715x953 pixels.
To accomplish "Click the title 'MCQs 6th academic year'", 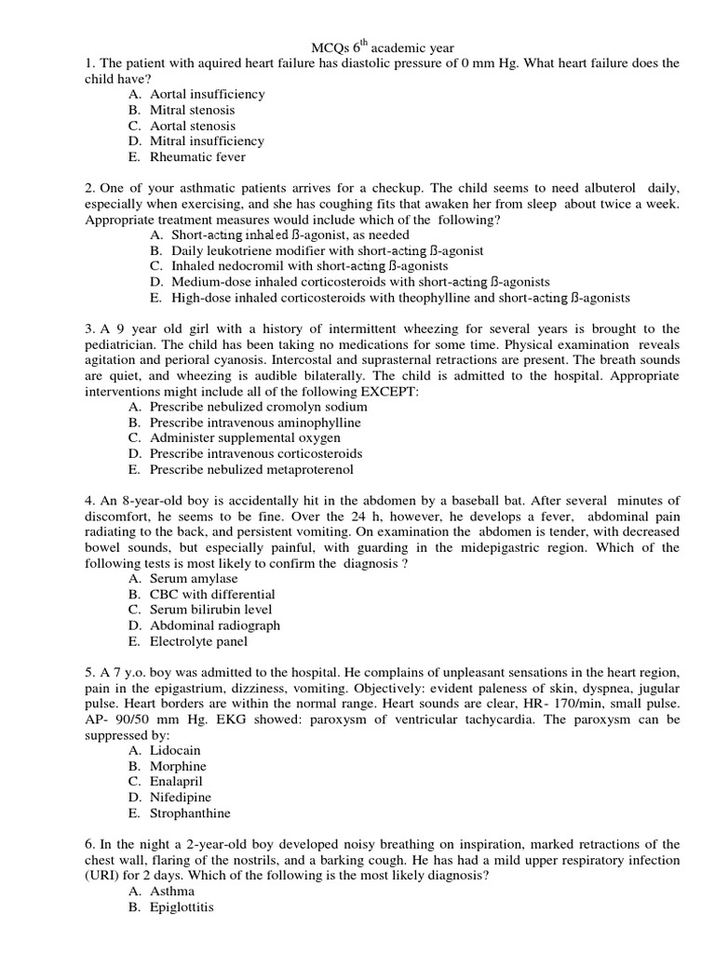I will (x=382, y=47).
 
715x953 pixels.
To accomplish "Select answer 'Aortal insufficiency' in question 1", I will (x=207, y=94).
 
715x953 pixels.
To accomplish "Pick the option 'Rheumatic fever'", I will (x=197, y=157).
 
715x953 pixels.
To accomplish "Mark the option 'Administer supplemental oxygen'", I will (x=245, y=437).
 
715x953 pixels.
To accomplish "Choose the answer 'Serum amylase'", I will (x=194, y=579).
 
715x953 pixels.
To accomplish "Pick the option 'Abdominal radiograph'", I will (x=215, y=625).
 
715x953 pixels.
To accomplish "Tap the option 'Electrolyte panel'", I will (x=199, y=641).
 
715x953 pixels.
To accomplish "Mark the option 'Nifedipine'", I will (x=181, y=797).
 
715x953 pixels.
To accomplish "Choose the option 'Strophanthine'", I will (x=190, y=812).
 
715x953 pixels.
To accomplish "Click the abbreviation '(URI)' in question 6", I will (x=101, y=876).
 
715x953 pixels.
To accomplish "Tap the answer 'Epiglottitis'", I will (x=182, y=906).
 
